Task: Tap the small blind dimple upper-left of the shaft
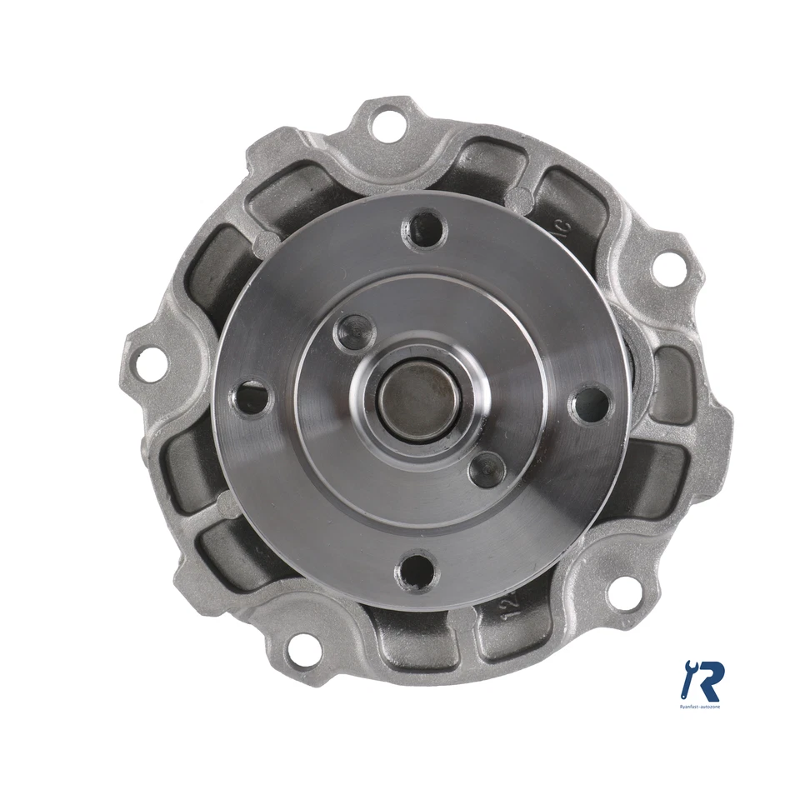click(x=355, y=333)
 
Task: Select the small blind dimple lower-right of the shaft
click(x=487, y=470)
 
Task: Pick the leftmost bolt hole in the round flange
click(x=252, y=398)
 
